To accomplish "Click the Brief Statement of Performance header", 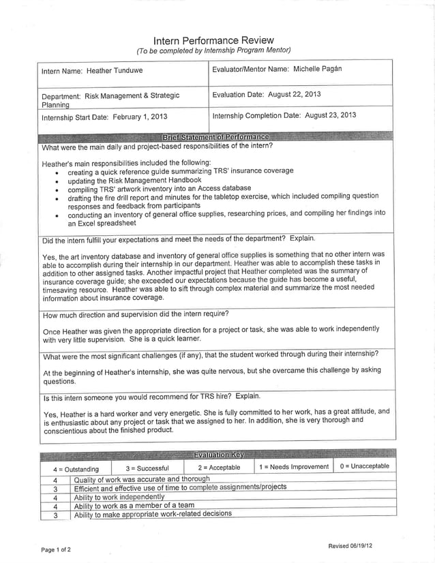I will [x=215, y=137].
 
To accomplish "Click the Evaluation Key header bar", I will [x=217, y=455].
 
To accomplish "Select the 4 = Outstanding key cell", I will [x=76, y=469].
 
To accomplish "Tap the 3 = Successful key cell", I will [x=147, y=468].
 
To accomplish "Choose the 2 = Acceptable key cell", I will [x=219, y=468].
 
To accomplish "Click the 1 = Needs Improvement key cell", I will [x=293, y=467].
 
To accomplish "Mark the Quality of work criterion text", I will [x=142, y=479].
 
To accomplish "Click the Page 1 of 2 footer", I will [x=56, y=549].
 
